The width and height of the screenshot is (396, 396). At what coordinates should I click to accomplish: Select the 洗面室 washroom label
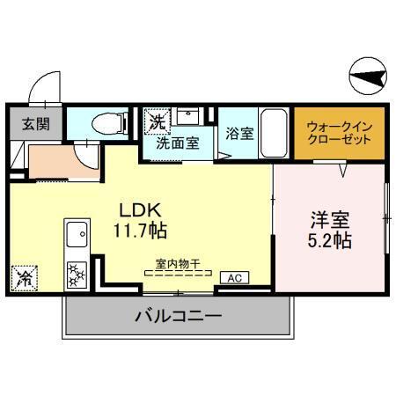pyautogui.click(x=177, y=143)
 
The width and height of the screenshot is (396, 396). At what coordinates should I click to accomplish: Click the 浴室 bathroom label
pyautogui.click(x=238, y=135)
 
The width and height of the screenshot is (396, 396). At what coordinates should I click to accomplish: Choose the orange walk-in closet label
pyautogui.click(x=339, y=134)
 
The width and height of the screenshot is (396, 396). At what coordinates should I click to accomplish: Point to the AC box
pyautogui.click(x=235, y=278)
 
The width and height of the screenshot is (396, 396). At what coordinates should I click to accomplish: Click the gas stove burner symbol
pyautogui.click(x=76, y=274)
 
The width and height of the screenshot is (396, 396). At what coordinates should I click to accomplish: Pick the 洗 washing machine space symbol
pyautogui.click(x=156, y=119)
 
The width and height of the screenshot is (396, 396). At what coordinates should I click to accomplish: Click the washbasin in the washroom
pyautogui.click(x=187, y=116)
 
